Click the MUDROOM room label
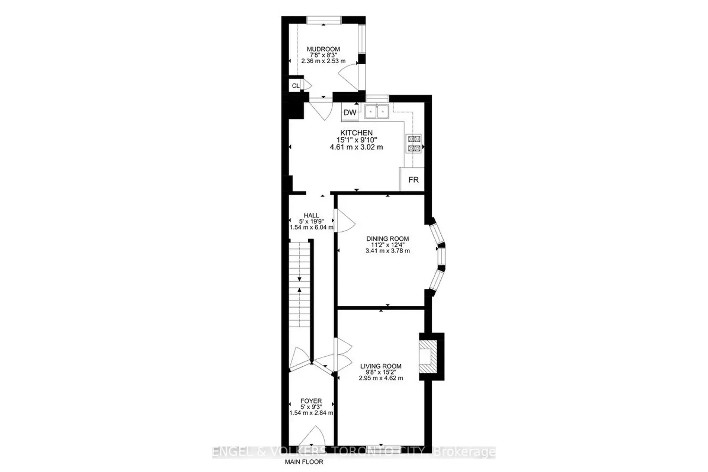coord(323,49)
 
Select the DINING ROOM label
coord(388,239)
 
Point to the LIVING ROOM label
coord(381,366)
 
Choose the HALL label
coord(312,216)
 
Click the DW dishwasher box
coord(350,112)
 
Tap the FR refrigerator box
coord(412,179)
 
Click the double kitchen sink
coord(377,111)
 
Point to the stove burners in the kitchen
coord(414,143)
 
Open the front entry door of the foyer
coord(312,441)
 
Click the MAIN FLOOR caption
coord(304,462)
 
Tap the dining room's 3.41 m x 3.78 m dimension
coord(388,251)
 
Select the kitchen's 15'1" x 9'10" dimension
coord(356,140)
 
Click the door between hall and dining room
coord(345,221)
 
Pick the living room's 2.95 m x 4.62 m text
coord(381,378)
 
